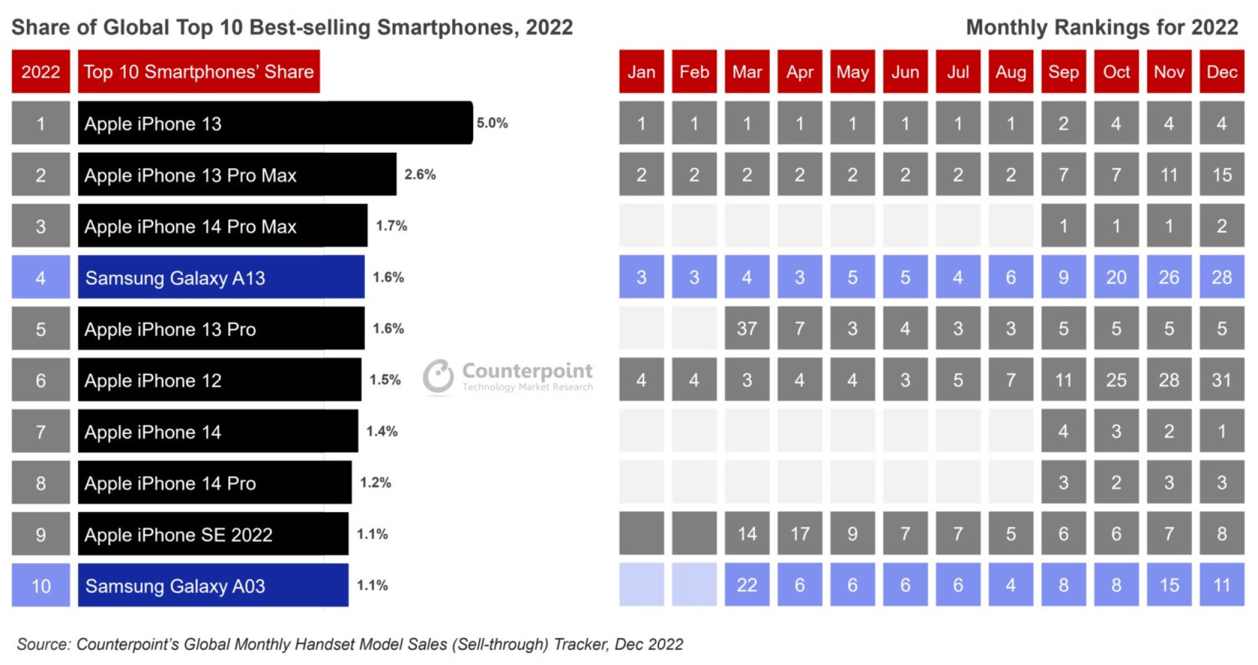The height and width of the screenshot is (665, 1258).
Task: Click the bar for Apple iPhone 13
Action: click(275, 123)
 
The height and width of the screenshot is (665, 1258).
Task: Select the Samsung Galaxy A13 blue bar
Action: click(221, 277)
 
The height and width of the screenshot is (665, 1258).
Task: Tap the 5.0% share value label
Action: click(492, 123)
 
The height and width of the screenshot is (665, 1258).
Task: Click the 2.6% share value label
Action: click(420, 174)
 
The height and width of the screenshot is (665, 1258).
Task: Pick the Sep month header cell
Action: click(1063, 71)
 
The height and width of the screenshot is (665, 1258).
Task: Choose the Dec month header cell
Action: click(1221, 71)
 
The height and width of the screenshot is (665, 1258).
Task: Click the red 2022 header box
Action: click(41, 71)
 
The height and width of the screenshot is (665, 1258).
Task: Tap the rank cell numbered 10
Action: click(41, 585)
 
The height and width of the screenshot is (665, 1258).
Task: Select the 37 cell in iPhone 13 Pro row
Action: click(746, 329)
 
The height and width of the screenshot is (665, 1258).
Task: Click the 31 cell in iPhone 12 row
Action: click(1221, 380)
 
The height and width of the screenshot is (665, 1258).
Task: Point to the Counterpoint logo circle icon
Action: click(438, 376)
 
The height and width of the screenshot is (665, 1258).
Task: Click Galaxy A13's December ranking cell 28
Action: click(1221, 277)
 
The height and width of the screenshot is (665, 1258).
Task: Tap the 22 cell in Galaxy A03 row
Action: click(746, 585)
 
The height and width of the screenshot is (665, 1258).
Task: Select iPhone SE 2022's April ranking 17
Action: click(799, 534)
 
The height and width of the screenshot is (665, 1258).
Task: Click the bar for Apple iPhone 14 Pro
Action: click(214, 483)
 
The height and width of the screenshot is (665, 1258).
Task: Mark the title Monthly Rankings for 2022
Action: click(1101, 28)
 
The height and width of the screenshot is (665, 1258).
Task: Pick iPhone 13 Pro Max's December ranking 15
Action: click(1221, 174)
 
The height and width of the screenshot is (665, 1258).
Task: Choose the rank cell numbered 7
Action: click(41, 432)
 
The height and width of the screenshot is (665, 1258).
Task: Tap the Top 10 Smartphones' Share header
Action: click(199, 71)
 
